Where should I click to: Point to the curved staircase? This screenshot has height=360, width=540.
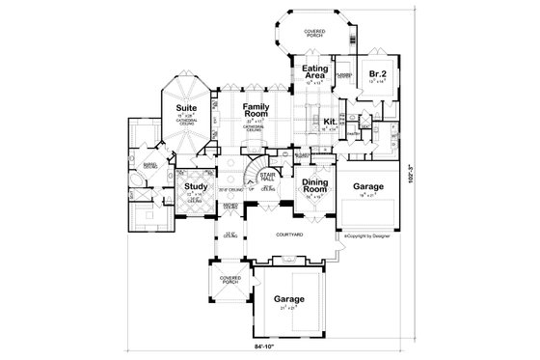[x=253, y=174]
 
